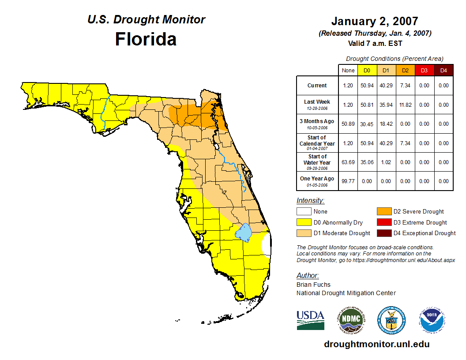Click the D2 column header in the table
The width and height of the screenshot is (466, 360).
405,70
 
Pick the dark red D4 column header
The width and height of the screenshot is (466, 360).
443,70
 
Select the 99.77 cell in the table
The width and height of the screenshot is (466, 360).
348,181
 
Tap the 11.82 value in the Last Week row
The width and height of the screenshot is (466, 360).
405,105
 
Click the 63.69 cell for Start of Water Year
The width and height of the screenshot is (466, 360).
348,162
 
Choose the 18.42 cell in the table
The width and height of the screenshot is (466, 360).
386,124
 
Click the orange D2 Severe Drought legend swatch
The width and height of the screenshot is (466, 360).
384,212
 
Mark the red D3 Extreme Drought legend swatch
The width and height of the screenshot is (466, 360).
384,222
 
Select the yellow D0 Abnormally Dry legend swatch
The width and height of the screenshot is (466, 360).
304,222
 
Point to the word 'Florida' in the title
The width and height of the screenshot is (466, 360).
146,39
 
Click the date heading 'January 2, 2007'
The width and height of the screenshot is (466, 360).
375,21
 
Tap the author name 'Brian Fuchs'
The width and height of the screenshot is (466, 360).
313,285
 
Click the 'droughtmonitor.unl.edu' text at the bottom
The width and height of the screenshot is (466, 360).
376,344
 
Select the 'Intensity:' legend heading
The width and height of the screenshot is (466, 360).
310,201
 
